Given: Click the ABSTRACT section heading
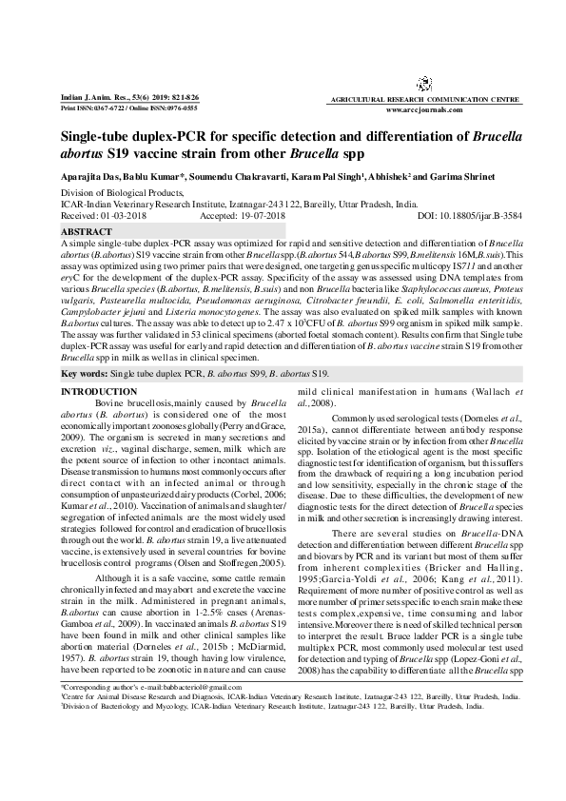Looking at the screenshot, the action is pyautogui.click(x=86, y=231).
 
